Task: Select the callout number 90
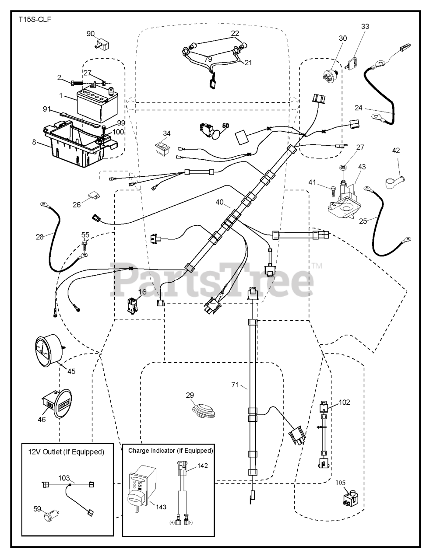pos(90,34)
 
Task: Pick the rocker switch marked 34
pos(162,148)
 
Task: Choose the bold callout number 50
pos(225,126)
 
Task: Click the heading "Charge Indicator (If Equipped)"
pos(170,450)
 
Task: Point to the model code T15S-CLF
pos(33,20)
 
